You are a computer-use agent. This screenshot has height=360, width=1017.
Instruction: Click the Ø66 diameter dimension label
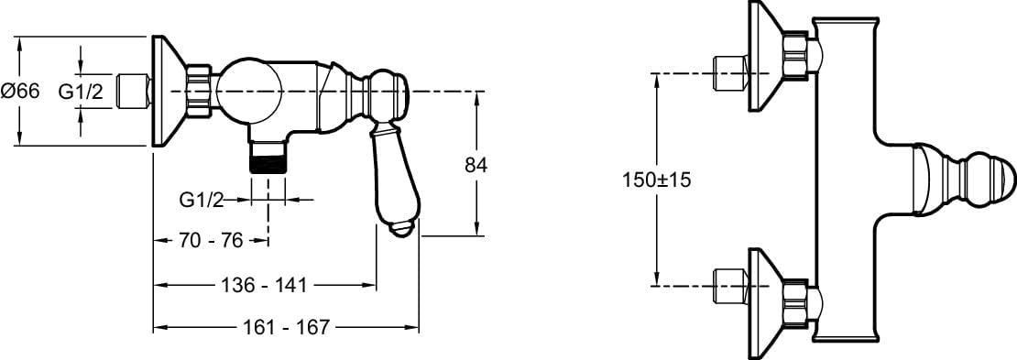pyautogui.click(x=20, y=92)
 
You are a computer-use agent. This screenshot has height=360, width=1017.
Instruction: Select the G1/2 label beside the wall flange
pyautogui.click(x=81, y=93)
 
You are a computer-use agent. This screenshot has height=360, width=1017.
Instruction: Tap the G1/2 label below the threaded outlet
pyautogui.click(x=202, y=201)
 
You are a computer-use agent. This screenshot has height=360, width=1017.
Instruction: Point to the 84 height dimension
pyautogui.click(x=476, y=166)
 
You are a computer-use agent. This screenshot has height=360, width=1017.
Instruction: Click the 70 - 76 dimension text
pyautogui.click(x=211, y=241)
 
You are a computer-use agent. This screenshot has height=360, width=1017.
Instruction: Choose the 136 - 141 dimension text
pyautogui.click(x=263, y=285)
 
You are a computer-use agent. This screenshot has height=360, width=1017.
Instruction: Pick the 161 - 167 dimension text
pyautogui.click(x=287, y=327)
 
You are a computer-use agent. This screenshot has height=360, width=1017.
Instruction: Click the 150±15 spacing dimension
pyautogui.click(x=656, y=180)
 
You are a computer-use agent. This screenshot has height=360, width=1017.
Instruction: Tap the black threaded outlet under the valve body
pyautogui.click(x=268, y=163)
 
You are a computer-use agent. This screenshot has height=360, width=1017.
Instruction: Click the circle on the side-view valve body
pyautogui.click(x=249, y=91)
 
